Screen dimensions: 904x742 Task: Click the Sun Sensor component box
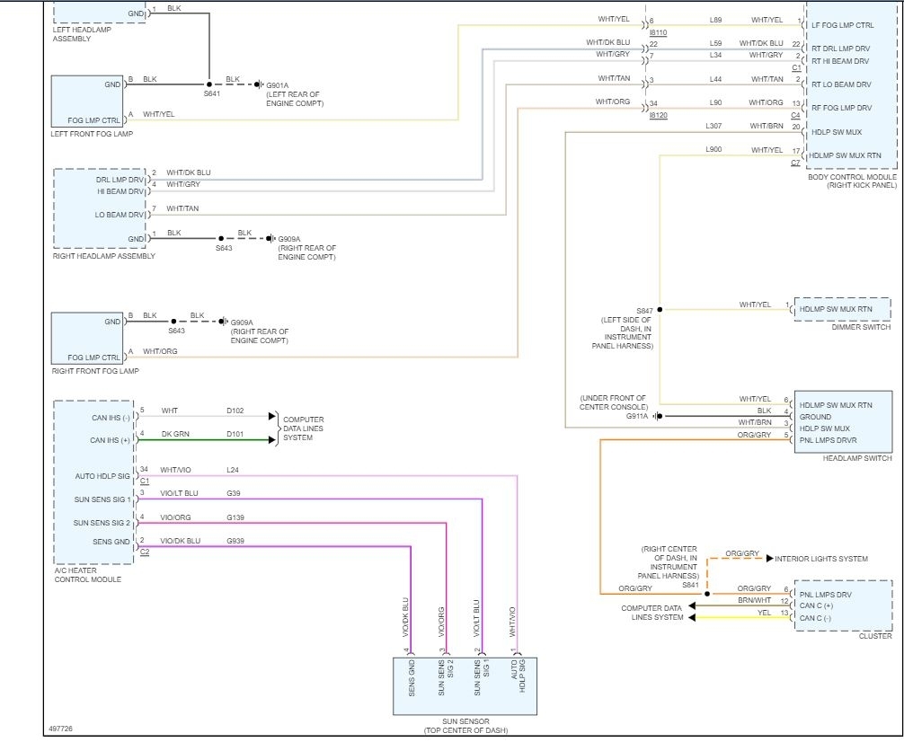click(x=465, y=686)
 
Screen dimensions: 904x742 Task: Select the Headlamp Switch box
click(x=843, y=421)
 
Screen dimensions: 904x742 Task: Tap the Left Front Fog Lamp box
click(x=87, y=102)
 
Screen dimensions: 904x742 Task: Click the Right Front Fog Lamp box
click(x=87, y=339)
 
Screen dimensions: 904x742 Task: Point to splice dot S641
click(x=209, y=84)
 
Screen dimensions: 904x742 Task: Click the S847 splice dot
click(x=660, y=310)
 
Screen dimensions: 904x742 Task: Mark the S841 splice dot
click(x=707, y=594)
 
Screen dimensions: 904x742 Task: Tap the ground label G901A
click(x=278, y=85)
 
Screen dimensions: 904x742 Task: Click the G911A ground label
click(x=637, y=416)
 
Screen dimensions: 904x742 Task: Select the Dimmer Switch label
click(x=861, y=327)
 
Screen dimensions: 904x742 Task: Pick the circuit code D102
click(x=235, y=411)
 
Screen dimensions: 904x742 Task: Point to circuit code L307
click(x=713, y=126)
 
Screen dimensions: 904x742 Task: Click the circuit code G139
click(x=235, y=517)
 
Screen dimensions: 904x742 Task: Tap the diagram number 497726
click(x=60, y=729)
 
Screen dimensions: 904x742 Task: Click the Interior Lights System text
click(x=821, y=559)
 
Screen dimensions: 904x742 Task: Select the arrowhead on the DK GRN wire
click(x=272, y=440)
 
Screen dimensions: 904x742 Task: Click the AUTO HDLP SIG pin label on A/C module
click(x=102, y=476)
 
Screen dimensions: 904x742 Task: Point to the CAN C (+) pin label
click(x=816, y=605)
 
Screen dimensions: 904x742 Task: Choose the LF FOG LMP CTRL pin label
click(x=842, y=25)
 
